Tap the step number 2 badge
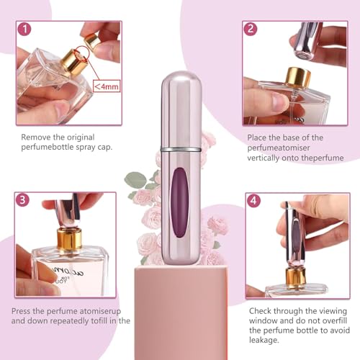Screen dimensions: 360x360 251,30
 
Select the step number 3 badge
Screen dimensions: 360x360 24,200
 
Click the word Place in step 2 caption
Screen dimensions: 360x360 258,137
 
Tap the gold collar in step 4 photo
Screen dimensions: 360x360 297,274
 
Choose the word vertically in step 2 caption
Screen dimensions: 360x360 265,158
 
